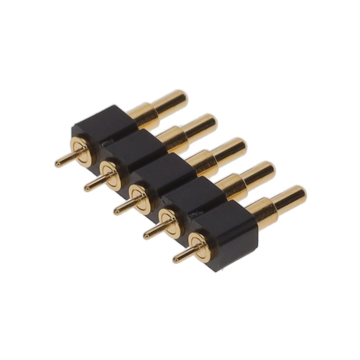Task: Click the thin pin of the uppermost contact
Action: pos(64,161)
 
